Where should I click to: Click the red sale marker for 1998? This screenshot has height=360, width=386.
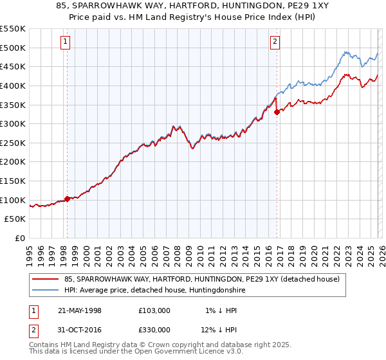pyautogui.click(x=67, y=199)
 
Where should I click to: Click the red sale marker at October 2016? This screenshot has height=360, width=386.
pyautogui.click(x=277, y=112)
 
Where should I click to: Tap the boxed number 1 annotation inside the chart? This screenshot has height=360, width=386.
pyautogui.click(x=66, y=42)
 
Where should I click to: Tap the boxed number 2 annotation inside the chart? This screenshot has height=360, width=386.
pyautogui.click(x=275, y=42)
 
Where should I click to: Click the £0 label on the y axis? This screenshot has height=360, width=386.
pyautogui.click(x=19, y=239)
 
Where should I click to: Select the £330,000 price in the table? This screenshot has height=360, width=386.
pyautogui.click(x=154, y=330)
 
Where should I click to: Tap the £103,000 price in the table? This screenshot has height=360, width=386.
pyautogui.click(x=154, y=310)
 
